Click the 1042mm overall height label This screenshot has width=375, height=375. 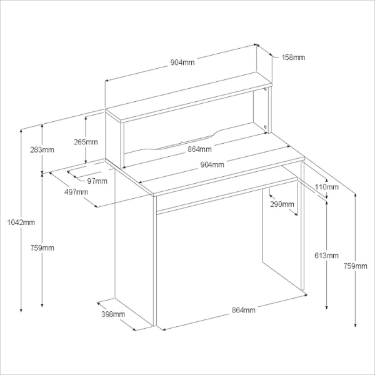pyautogui.click(x=20, y=222)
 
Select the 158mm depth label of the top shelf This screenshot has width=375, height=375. pyautogui.click(x=293, y=57)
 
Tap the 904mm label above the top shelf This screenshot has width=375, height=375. pyautogui.click(x=182, y=62)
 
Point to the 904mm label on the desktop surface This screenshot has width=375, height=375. pyautogui.click(x=212, y=165)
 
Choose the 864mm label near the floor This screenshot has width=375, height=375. pyautogui.click(x=243, y=310)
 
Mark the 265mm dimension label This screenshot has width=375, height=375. pyautogui.click(x=86, y=142)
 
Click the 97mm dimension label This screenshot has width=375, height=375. pyautogui.click(x=97, y=181)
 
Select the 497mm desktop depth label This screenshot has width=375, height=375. pyautogui.click(x=76, y=192)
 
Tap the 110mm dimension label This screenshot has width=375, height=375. pyautogui.click(x=327, y=187)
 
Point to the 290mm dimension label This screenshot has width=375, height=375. pyautogui.click(x=282, y=204)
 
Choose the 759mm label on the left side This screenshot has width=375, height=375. pyautogui.click(x=42, y=248)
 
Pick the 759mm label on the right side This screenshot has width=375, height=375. pyautogui.click(x=357, y=266)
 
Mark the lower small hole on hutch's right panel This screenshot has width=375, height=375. pyautogui.click(x=267, y=129)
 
